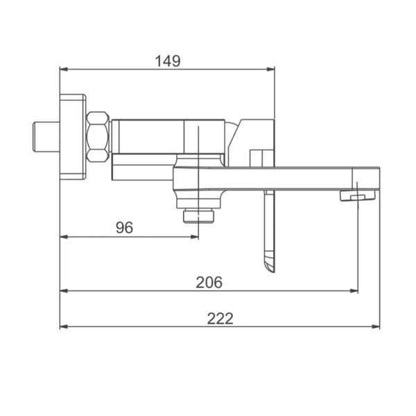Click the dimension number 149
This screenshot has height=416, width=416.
point(168,61)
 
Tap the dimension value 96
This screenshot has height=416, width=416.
point(124,227)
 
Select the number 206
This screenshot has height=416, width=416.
point(209,282)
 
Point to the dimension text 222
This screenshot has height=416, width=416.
point(220,318)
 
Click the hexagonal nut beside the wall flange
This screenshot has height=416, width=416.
point(98,137)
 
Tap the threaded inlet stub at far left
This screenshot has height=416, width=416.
point(46,137)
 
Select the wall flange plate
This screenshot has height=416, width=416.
point(73,137)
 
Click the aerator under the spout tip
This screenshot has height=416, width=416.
point(358,196)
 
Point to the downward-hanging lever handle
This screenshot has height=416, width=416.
point(270,232)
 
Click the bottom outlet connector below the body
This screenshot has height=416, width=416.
point(198,216)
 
